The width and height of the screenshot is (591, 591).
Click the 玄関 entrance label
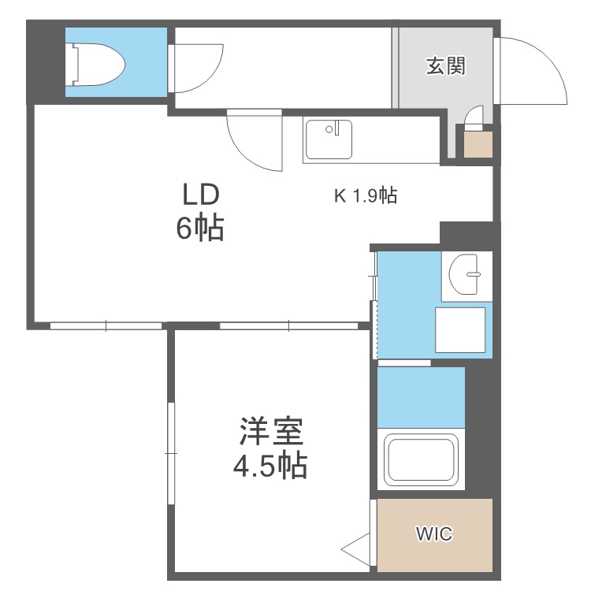pyautogui.click(x=445, y=66)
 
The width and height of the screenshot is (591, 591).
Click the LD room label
pyautogui.click(x=200, y=194)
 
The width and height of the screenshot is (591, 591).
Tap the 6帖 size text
pyautogui.click(x=200, y=229)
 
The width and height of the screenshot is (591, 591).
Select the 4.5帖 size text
pyautogui.click(x=269, y=467)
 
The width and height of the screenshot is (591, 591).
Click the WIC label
pyautogui.click(x=434, y=534)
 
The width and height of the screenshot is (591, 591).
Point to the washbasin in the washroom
pyautogui.click(x=466, y=276)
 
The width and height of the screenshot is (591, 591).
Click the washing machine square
pyautogui.click(x=460, y=329)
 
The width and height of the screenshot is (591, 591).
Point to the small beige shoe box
pyautogui.click(x=478, y=145)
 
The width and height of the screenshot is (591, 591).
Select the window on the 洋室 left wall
pyautogui.click(x=170, y=453)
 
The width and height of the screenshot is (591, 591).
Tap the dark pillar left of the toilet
pyautogui.click(x=45, y=62)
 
